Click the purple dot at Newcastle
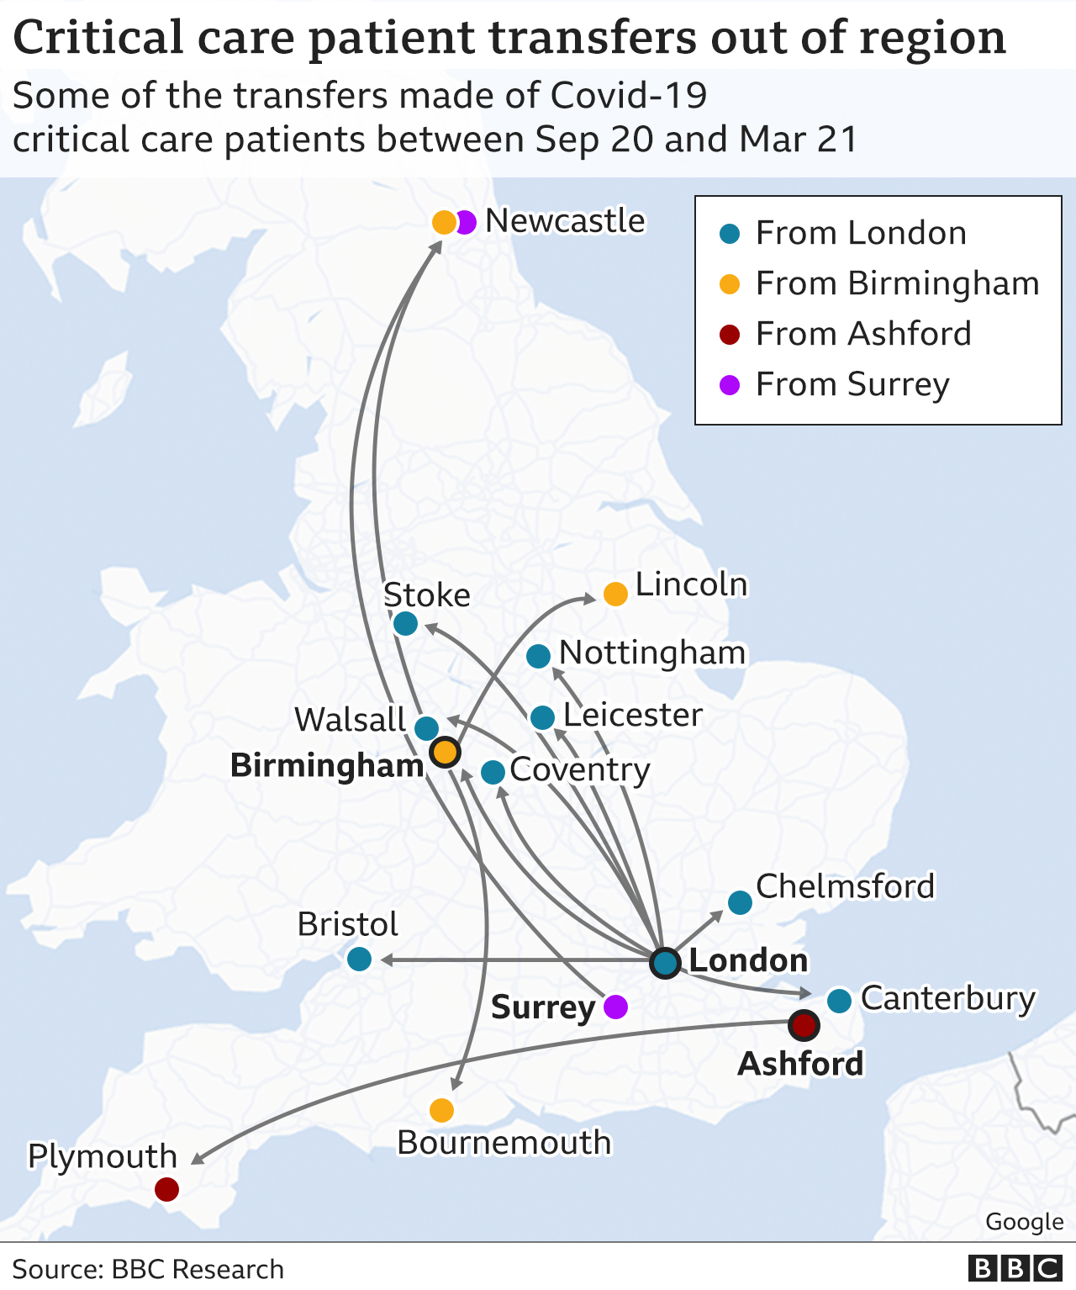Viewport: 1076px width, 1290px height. (467, 222)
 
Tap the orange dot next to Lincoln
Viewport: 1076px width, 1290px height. (615, 594)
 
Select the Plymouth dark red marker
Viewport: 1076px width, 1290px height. (166, 1189)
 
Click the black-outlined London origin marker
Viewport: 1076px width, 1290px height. (665, 963)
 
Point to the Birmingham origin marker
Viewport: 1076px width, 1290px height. (445, 751)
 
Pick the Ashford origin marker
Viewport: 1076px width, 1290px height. (804, 1025)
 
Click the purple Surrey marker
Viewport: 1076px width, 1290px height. (615, 1007)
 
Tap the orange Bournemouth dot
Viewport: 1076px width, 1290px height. (441, 1110)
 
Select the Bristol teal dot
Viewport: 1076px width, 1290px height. (359, 959)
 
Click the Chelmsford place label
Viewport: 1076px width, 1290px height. (845, 886)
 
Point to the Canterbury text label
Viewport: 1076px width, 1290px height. (947, 998)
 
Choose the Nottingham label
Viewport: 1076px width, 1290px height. (652, 653)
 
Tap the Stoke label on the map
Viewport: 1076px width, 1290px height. (426, 595)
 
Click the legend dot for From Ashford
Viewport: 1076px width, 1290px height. (730, 335)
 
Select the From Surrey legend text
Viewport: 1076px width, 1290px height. (852, 384)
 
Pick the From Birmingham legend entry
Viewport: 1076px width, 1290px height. (896, 283)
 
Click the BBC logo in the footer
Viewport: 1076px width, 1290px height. (1015, 1268)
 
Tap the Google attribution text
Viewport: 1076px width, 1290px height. (1024, 1221)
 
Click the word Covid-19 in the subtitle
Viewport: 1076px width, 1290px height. (629, 96)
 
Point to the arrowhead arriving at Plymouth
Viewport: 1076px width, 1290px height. (197, 1160)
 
